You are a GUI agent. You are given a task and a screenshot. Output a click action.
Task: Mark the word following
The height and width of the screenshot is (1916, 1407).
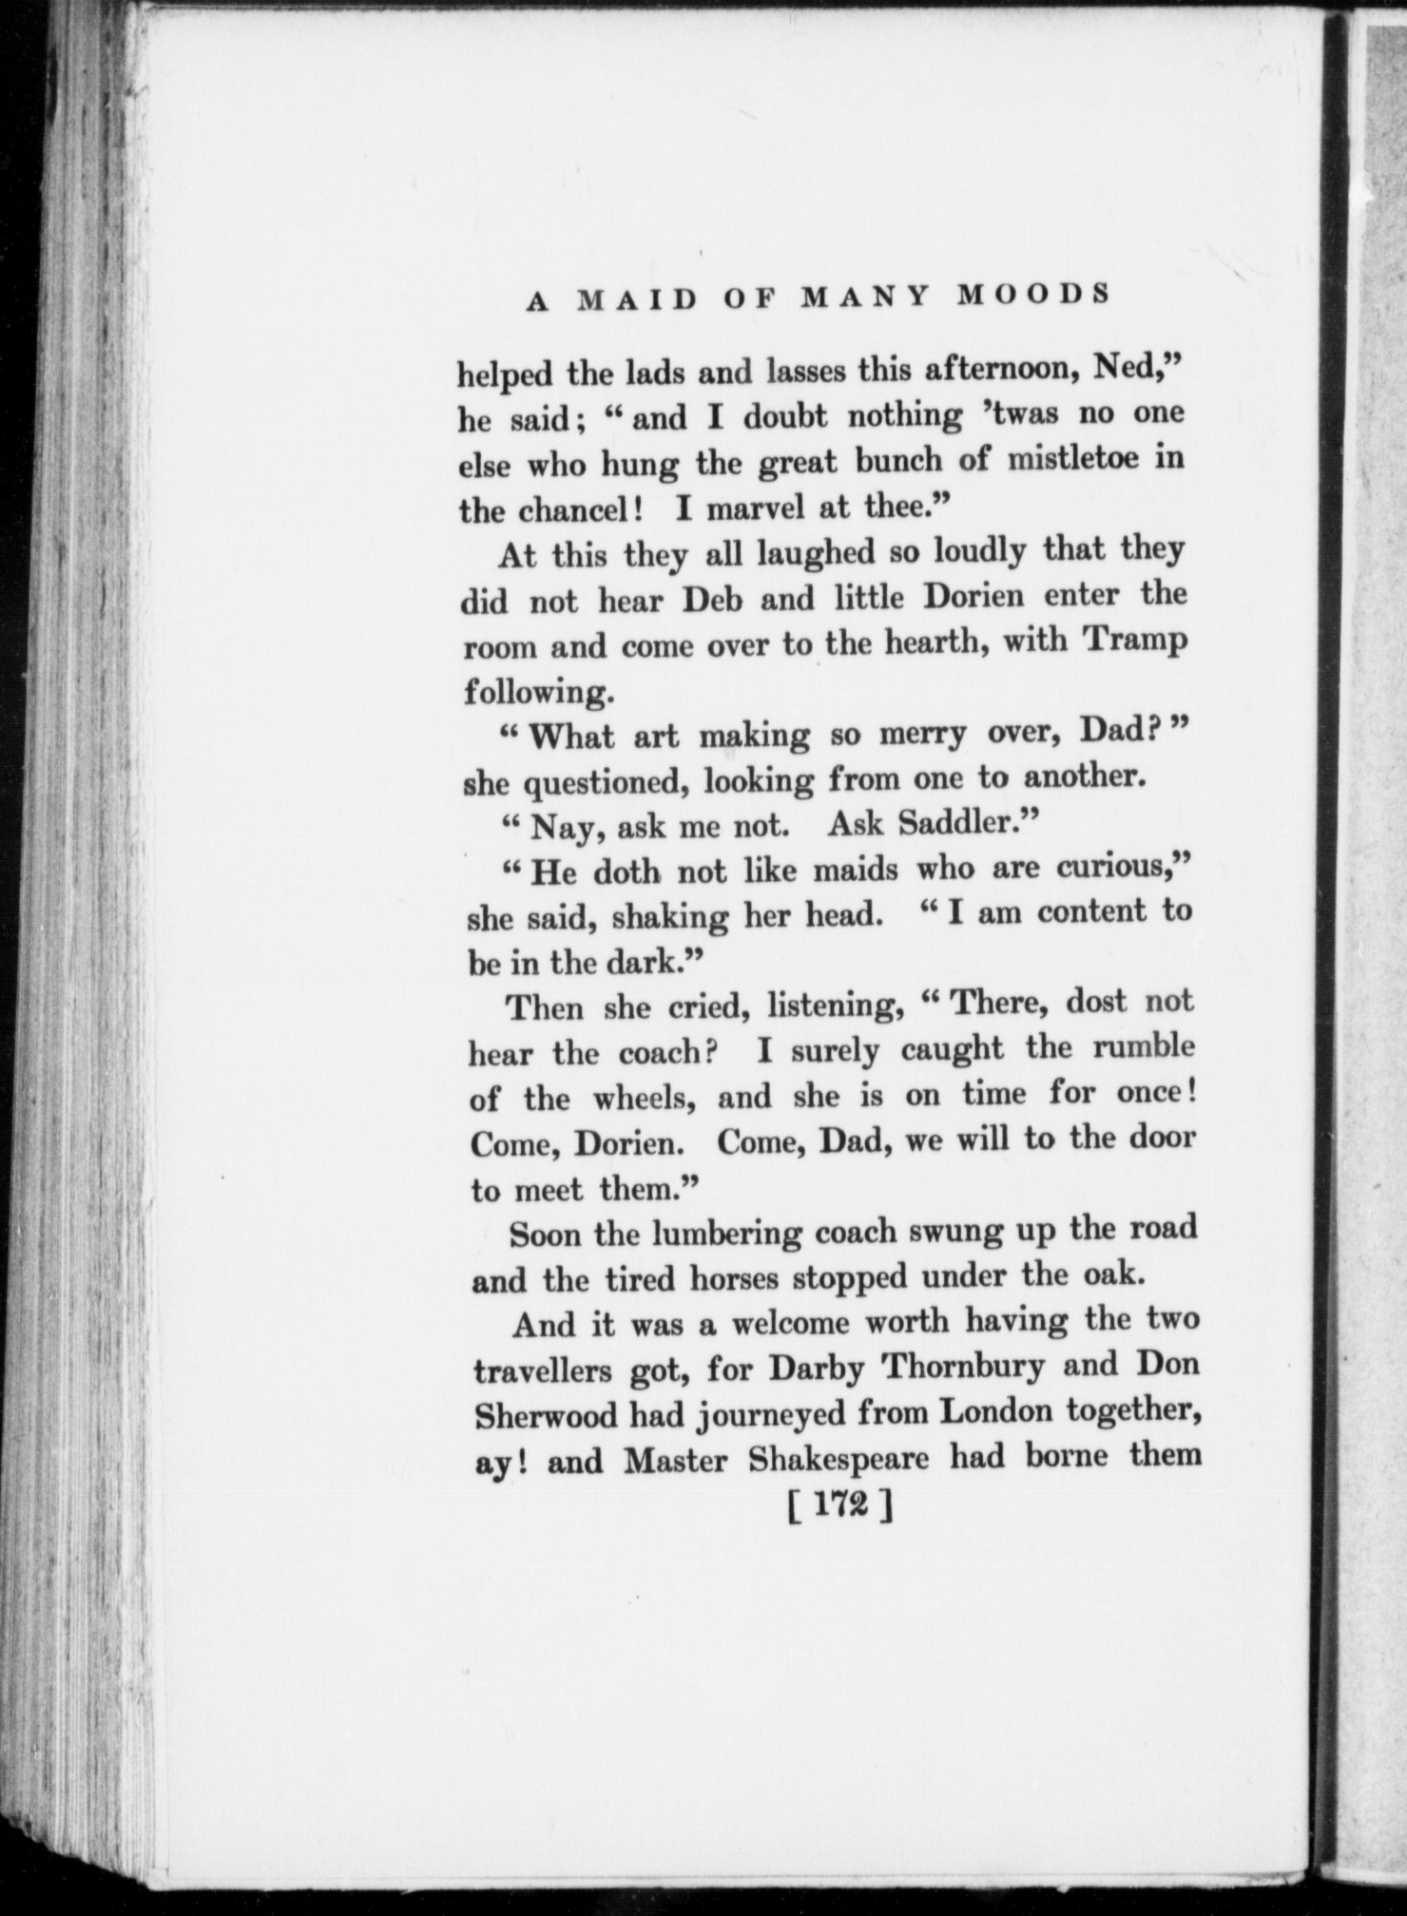(535, 691)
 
